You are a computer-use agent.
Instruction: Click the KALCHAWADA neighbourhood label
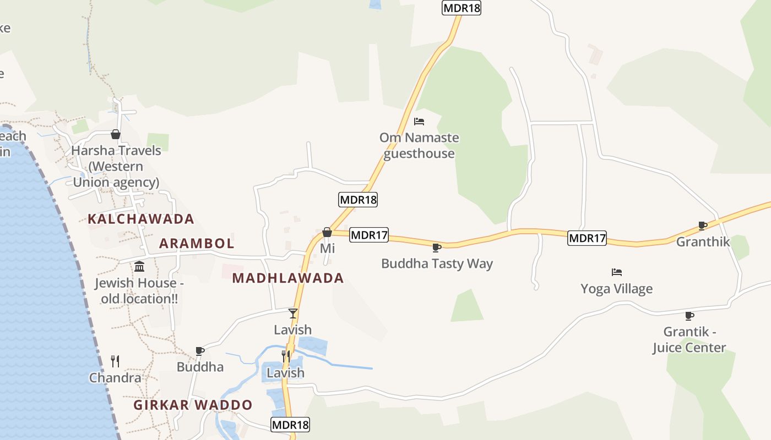tap(141, 219)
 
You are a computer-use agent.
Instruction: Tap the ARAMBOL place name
tap(197, 243)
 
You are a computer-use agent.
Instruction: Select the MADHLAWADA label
tap(288, 278)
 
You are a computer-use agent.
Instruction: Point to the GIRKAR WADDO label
tap(193, 405)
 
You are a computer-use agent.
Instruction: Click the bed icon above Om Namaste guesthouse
tap(419, 122)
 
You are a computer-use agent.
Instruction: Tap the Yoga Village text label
tap(616, 289)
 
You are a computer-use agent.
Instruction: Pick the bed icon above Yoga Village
tap(617, 272)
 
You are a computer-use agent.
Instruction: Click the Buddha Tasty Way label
tap(437, 263)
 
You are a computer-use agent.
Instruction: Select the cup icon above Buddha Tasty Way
tap(437, 248)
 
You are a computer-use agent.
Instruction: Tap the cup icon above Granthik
tap(703, 226)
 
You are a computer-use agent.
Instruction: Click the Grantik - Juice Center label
tap(689, 340)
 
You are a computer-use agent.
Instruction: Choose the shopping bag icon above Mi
tap(327, 233)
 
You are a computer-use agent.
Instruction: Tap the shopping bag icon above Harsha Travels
tap(116, 134)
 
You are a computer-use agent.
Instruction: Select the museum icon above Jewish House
tap(139, 267)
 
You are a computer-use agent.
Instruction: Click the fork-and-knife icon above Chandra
tap(115, 361)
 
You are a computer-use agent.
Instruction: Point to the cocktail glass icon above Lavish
tap(293, 313)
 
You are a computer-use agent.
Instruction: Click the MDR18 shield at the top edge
tap(461, 8)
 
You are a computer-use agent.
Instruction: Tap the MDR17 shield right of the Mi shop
tap(369, 235)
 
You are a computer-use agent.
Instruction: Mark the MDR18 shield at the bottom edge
tap(290, 425)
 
